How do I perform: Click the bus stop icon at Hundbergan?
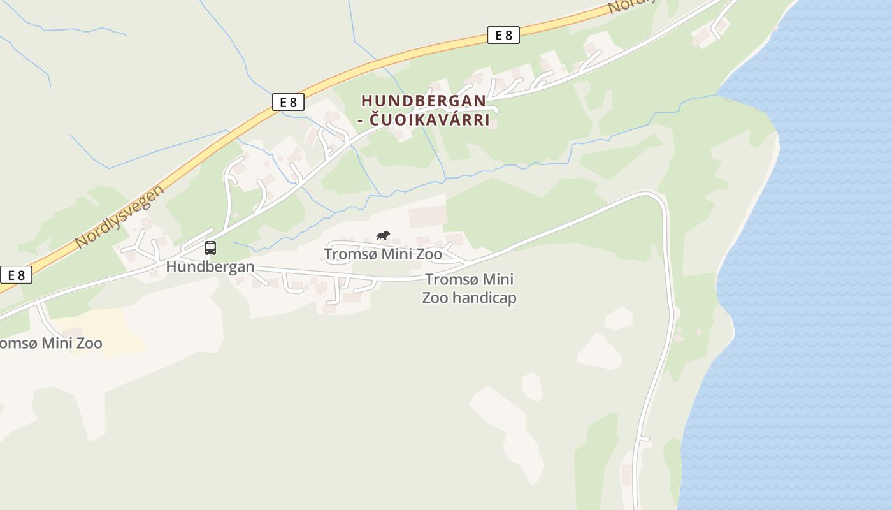point(210,248)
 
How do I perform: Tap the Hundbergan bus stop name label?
point(210,266)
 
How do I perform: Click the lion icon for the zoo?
point(382,236)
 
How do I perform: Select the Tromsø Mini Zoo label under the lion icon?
point(382,254)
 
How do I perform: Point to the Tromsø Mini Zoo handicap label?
point(469,288)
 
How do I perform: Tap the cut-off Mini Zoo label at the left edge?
point(51,343)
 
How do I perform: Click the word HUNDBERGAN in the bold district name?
point(423,101)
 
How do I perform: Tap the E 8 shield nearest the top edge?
point(503,35)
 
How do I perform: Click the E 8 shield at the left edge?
point(15,275)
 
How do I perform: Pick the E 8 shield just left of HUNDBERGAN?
point(288,102)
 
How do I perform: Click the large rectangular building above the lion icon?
point(428,217)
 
